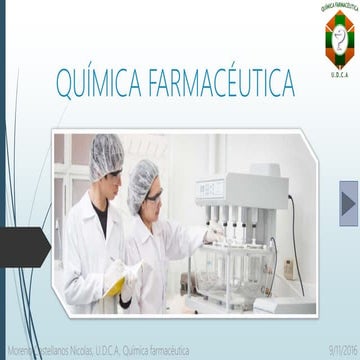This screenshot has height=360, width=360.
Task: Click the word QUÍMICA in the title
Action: pyautogui.click(x=98, y=80)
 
